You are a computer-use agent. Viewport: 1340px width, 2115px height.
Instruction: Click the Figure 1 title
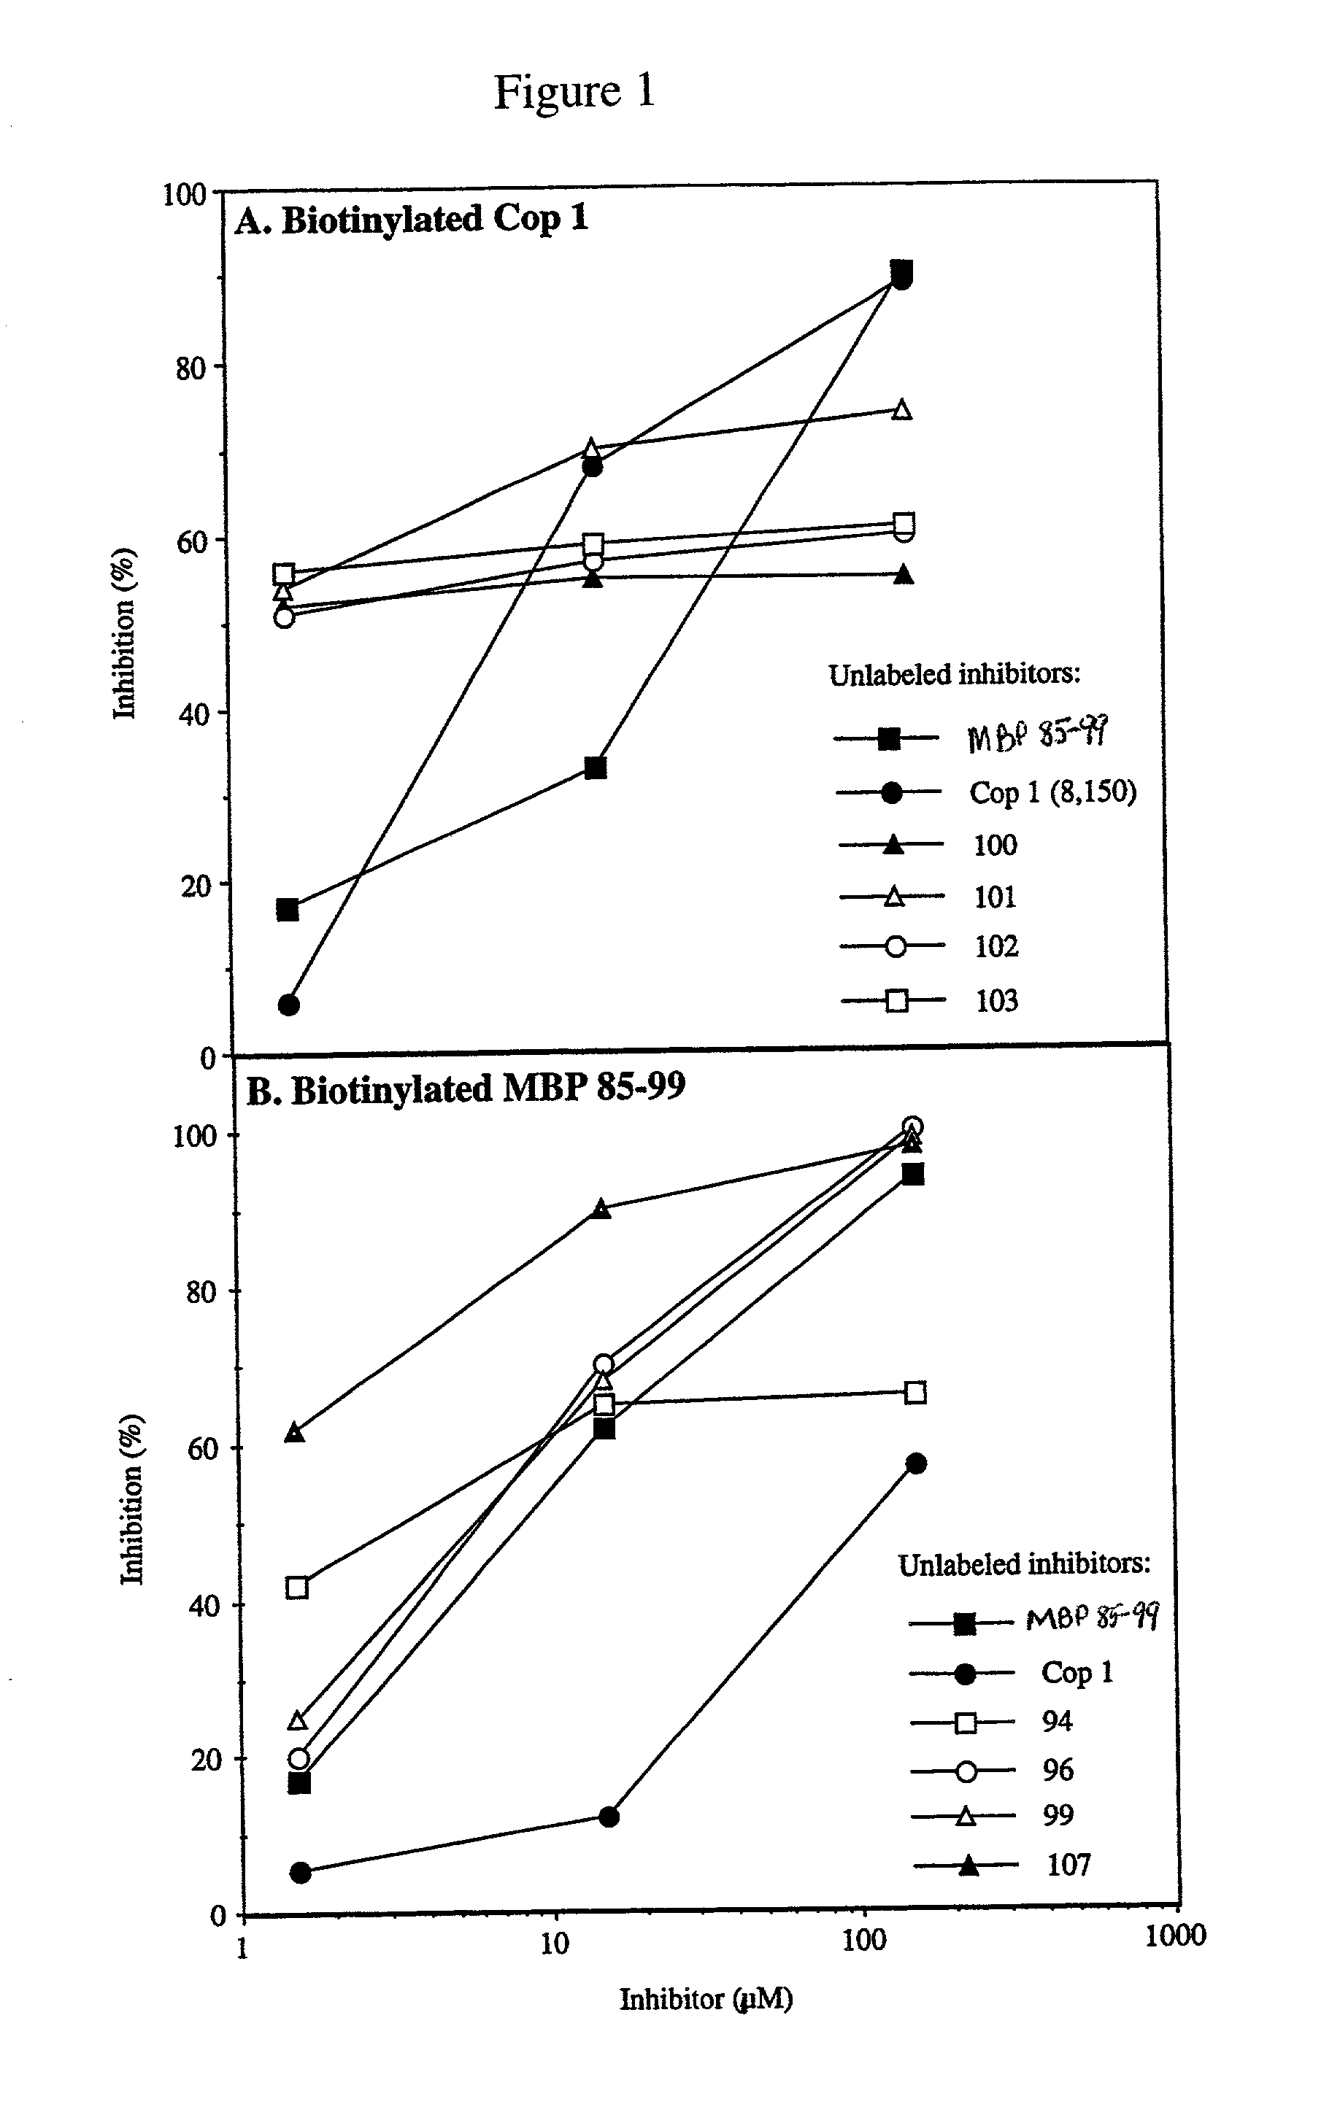coord(574,91)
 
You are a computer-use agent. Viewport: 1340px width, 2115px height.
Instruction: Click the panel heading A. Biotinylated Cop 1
coord(411,220)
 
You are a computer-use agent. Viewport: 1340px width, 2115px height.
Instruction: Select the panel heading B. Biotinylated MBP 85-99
coord(466,1090)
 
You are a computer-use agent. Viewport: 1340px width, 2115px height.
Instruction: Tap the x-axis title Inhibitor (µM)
coord(706,1999)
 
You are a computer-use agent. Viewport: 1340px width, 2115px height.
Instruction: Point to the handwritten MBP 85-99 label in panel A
coord(1037,733)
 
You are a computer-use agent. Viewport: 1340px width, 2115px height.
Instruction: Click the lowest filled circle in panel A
coord(288,1005)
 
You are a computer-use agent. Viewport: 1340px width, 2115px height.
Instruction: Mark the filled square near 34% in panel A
coord(595,768)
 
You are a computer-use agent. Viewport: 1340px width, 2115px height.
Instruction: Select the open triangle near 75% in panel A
coord(901,410)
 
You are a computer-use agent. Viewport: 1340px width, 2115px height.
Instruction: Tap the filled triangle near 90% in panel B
coord(601,1210)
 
